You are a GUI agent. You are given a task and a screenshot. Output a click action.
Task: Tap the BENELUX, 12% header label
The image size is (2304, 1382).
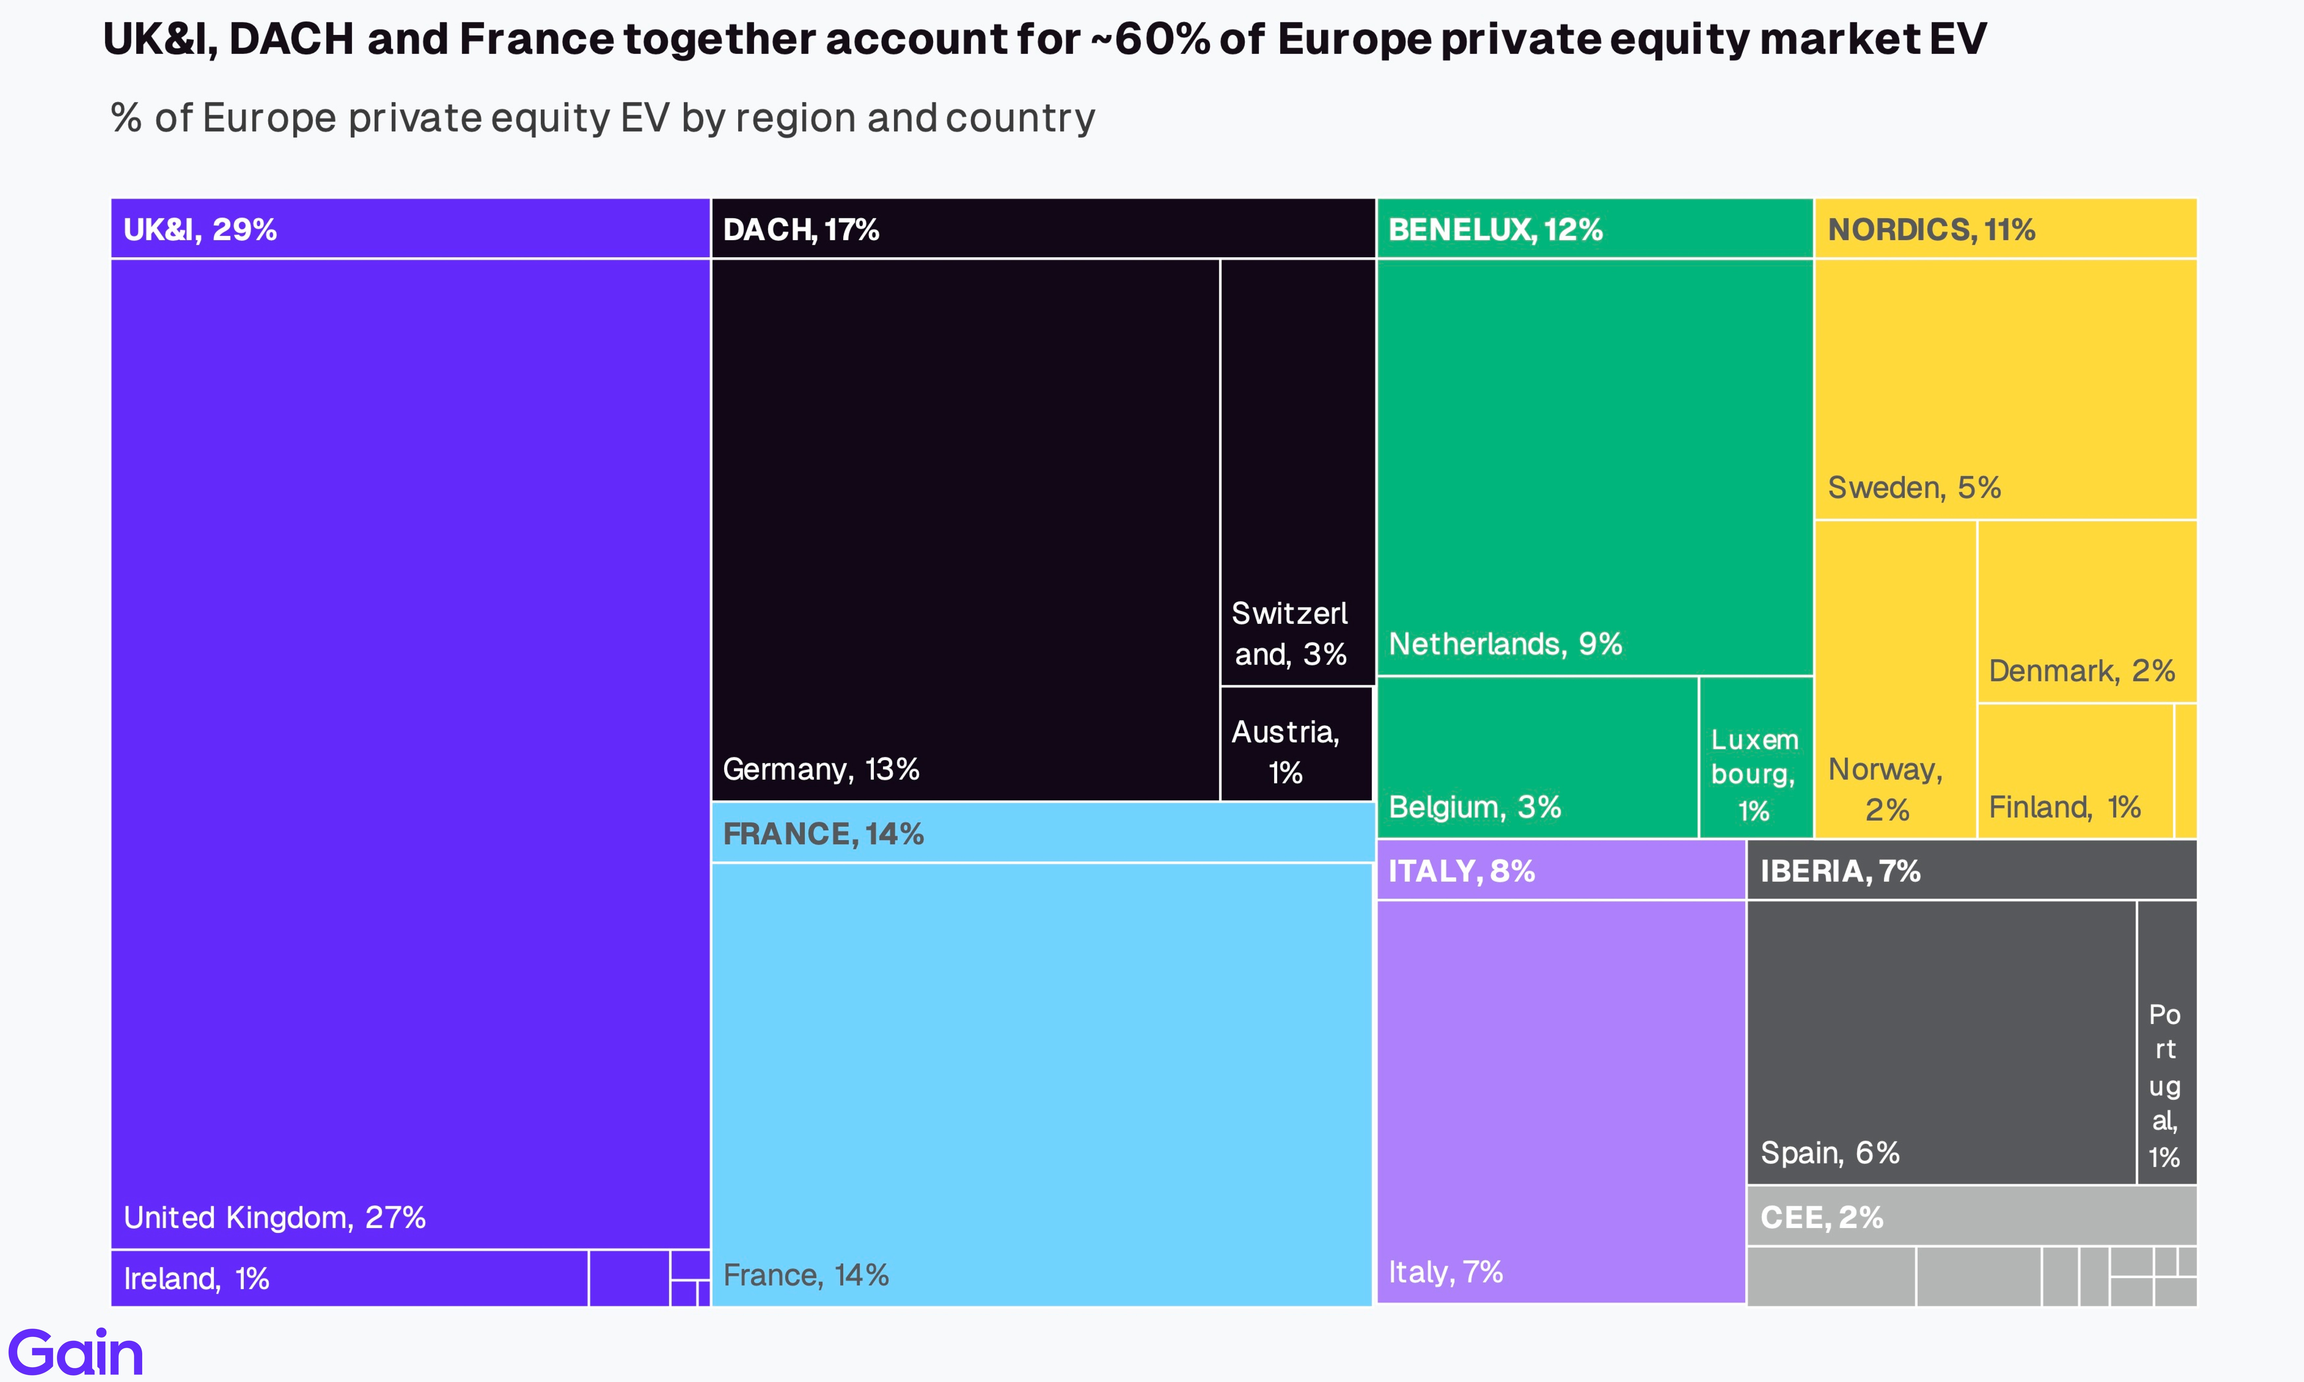tap(1495, 229)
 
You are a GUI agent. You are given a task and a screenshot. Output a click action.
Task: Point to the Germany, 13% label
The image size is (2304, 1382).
tap(821, 769)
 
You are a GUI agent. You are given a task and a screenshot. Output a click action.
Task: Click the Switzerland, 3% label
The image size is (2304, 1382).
tap(1290, 633)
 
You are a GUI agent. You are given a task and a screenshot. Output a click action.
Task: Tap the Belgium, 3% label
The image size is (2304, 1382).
tap(1474, 806)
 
